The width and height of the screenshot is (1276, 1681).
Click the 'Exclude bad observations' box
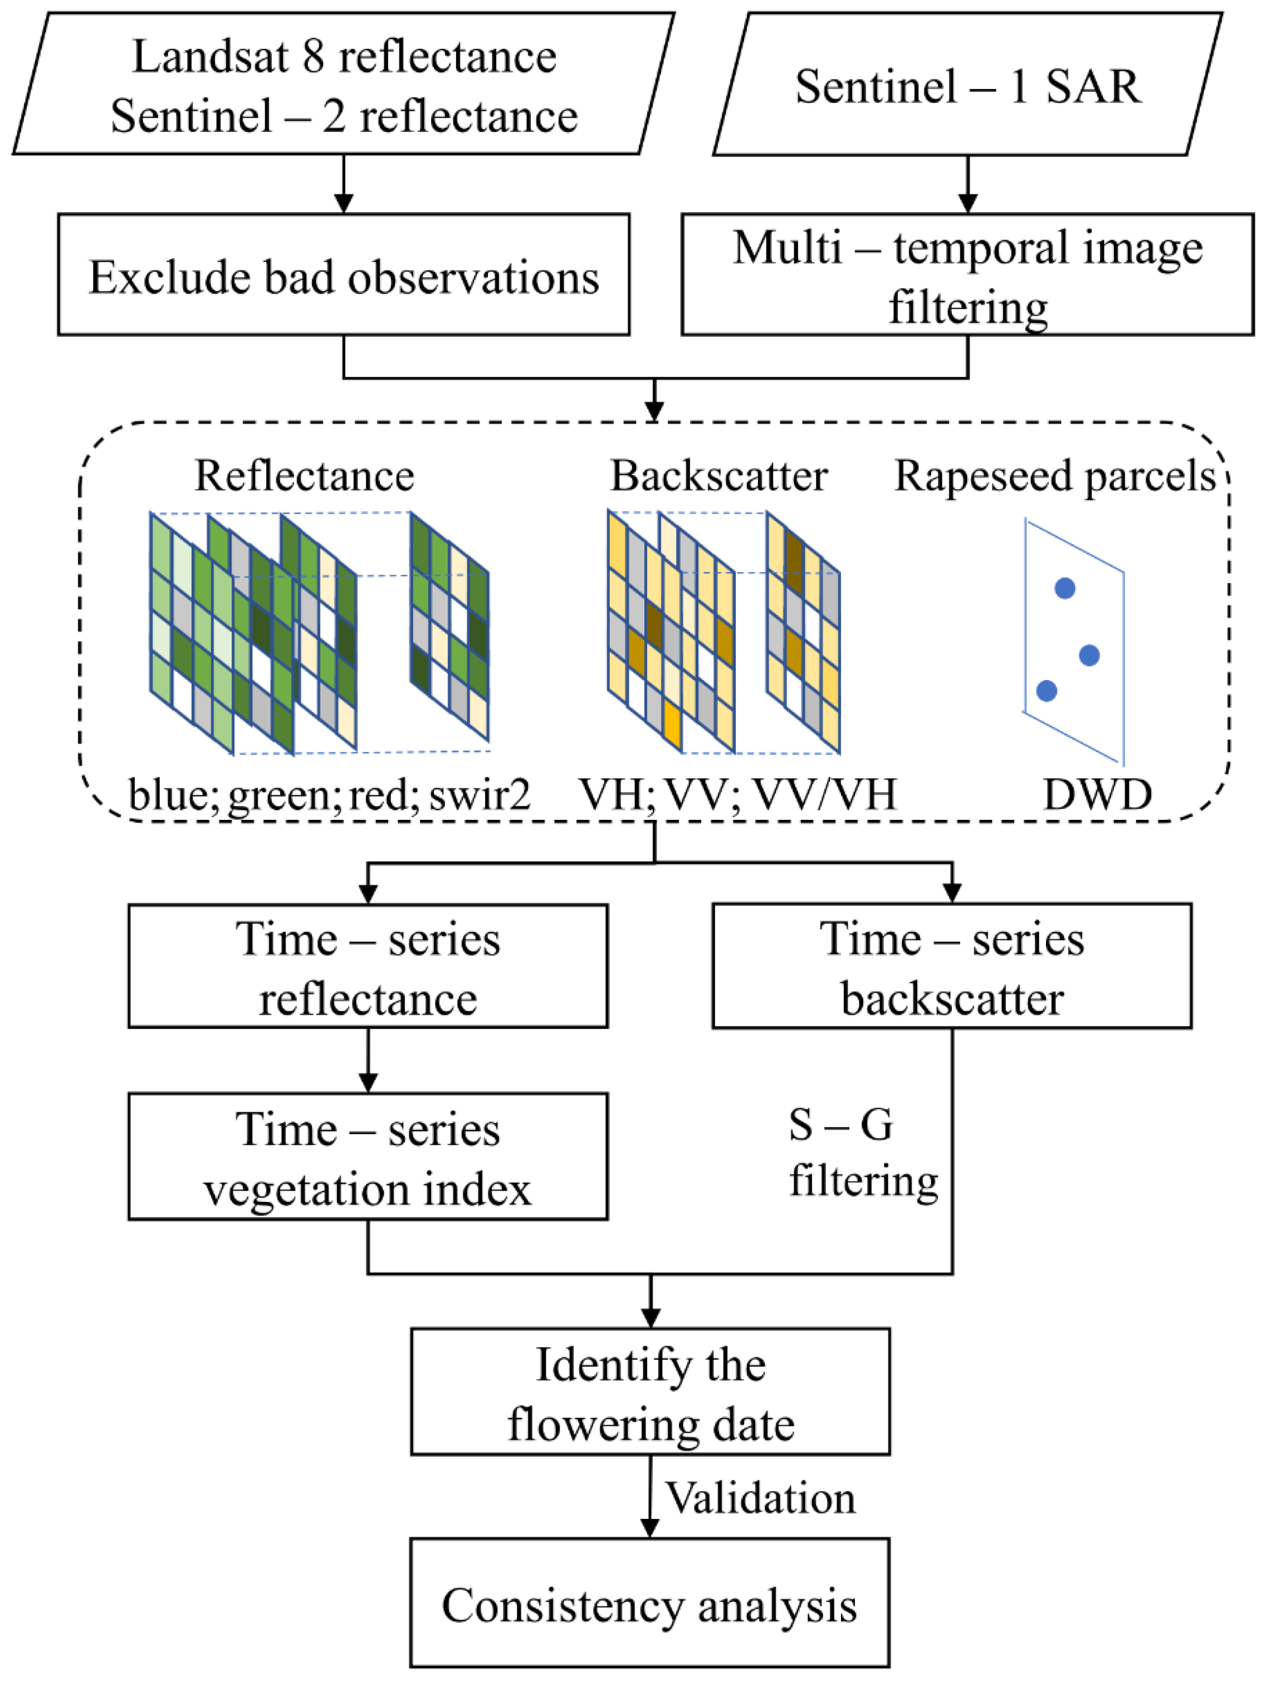344,275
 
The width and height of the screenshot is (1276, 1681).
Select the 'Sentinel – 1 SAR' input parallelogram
967,85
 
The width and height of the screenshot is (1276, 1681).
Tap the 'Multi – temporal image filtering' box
967,275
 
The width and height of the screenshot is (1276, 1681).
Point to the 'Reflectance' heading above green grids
304,476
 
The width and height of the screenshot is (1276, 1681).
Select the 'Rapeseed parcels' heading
1055,476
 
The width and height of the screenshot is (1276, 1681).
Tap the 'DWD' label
1097,795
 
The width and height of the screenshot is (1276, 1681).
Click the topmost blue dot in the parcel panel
1065,588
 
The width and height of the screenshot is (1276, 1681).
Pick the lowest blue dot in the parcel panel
1047,690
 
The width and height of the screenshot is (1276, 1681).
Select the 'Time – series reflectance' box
368,966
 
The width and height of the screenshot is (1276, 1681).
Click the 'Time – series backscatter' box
951,966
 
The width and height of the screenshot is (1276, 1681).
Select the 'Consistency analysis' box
650,1604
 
